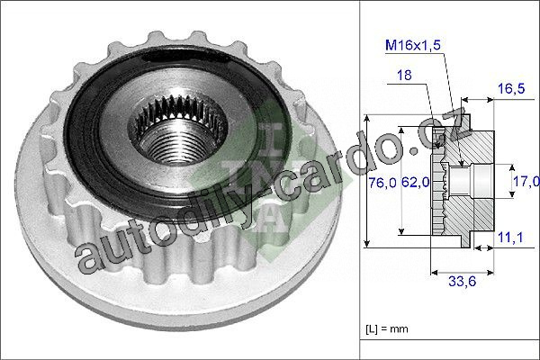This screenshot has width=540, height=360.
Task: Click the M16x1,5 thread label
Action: coord(413,45)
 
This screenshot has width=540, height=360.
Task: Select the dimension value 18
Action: coord(404,75)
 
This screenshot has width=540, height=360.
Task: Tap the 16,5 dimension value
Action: coord(511,89)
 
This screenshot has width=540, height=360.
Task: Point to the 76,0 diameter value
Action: coord(382,182)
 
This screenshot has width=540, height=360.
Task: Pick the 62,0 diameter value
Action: coord(415,182)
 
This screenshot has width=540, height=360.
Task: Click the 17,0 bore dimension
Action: coord(526,181)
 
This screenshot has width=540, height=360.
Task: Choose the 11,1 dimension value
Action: coord(510,237)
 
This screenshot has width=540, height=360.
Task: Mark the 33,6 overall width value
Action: coord(463,282)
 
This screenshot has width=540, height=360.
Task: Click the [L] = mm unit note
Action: coord(387,329)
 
